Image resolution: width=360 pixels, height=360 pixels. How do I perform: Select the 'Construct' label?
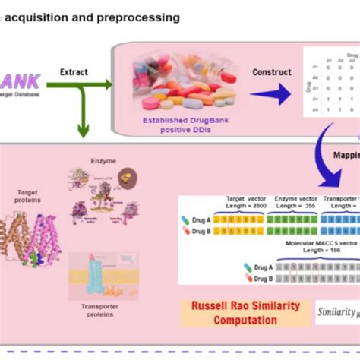pos(272,72)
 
